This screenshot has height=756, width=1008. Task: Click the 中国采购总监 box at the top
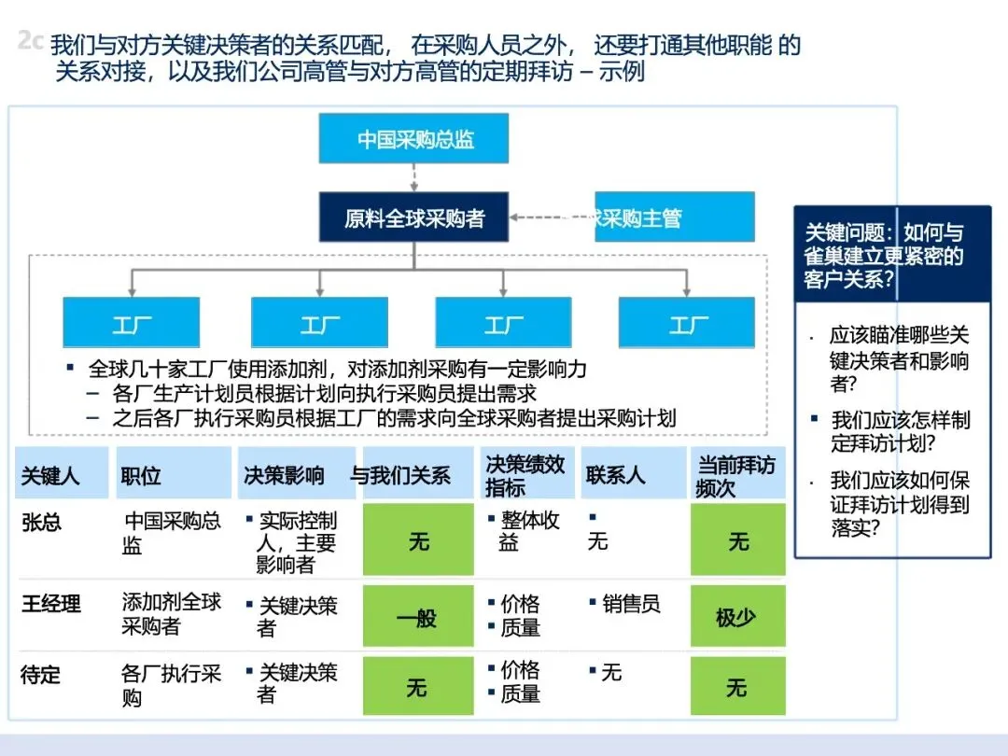tap(414, 138)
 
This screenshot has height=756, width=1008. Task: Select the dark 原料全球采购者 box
tap(414, 217)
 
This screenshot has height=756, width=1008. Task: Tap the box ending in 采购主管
tap(674, 217)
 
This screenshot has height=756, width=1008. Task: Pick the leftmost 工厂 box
tap(131, 323)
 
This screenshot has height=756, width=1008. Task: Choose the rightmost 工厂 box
tap(687, 323)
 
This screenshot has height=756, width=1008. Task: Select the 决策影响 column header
tap(284, 474)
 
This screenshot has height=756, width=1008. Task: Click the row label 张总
tap(42, 523)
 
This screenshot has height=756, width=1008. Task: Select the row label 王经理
tap(51, 604)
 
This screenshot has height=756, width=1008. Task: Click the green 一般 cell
tap(417, 617)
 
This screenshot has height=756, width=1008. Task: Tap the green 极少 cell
tap(737, 617)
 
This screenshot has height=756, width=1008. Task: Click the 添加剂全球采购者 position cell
tap(172, 613)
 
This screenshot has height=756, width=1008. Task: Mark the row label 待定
tap(41, 675)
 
